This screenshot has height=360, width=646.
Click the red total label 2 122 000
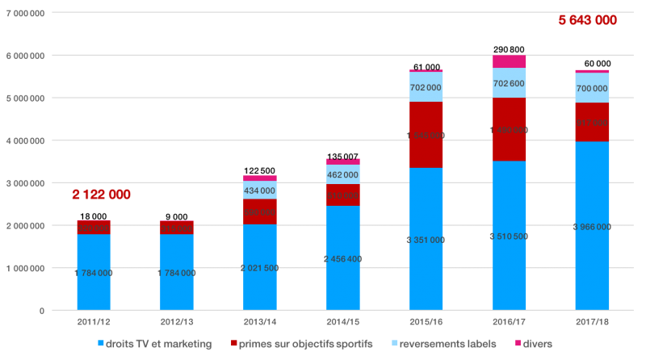coord(101,195)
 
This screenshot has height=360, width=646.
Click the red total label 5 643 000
coord(588,20)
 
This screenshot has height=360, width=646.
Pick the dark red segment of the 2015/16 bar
coord(426,135)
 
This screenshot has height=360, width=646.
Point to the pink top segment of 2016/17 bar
coord(509,61)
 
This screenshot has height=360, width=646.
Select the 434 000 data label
coord(260,190)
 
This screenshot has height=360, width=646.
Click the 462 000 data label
coord(343,174)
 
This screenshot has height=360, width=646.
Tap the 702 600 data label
coord(509,83)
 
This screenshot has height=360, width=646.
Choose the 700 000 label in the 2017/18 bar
coord(592,88)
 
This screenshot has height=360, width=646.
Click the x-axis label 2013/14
coord(260,321)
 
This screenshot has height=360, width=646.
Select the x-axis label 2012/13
coord(177,321)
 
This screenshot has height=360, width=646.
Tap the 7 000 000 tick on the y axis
coord(27,13)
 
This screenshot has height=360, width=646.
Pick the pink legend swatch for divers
coord(518,344)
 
